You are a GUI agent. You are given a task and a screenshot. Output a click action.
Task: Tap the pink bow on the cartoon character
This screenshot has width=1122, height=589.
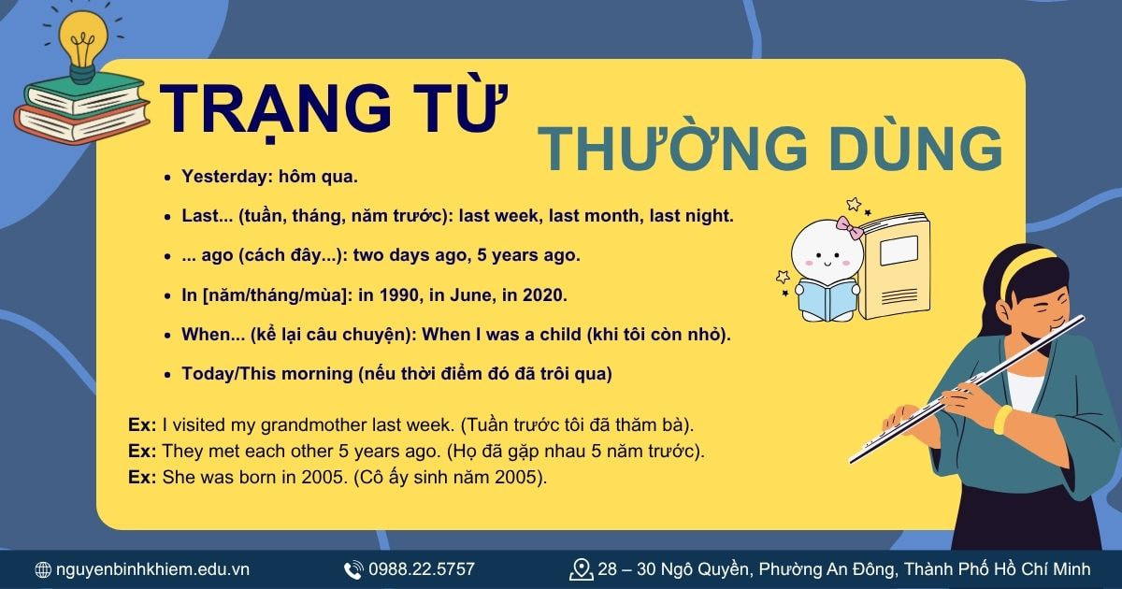pyautogui.click(x=848, y=227)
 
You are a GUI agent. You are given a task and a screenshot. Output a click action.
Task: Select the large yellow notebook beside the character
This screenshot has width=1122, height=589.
pyautogui.click(x=898, y=266)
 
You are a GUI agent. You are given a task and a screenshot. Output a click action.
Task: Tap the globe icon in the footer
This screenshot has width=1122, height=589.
pyautogui.click(x=42, y=569)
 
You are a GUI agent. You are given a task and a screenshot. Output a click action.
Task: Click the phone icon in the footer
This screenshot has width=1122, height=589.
pyautogui.click(x=353, y=569)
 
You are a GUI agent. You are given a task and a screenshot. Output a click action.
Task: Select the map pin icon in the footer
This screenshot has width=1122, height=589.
pyautogui.click(x=581, y=568)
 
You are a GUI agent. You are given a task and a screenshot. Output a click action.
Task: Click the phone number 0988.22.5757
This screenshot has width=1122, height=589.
pyautogui.click(x=421, y=569)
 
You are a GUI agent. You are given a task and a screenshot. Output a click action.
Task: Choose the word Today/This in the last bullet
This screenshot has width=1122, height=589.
pyautogui.click(x=237, y=374)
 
